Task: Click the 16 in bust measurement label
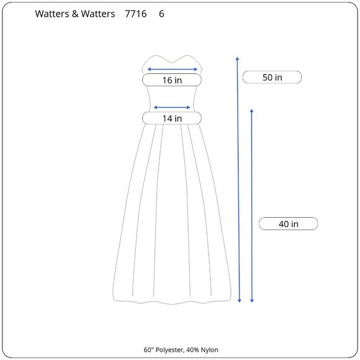point(172,80)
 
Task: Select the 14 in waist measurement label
point(172,119)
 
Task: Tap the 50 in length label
point(272,78)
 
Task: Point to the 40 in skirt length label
point(289,223)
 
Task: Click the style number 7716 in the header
point(136,14)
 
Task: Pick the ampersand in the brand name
point(75,14)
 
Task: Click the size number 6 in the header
point(161,14)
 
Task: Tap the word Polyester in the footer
point(169,350)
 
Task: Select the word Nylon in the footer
point(209,350)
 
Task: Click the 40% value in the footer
point(192,350)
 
